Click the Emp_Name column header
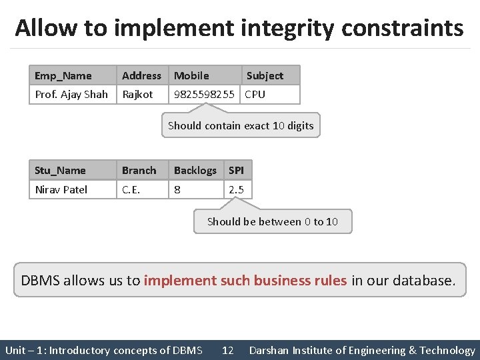(x=63, y=76)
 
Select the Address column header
(x=141, y=76)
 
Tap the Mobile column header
(x=191, y=76)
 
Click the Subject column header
(x=265, y=76)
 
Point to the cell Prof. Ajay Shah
(x=71, y=95)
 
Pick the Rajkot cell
(x=137, y=95)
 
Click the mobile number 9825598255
(x=204, y=95)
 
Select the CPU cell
(x=255, y=95)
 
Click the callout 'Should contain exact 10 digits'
(x=241, y=125)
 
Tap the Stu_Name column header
(x=60, y=171)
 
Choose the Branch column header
(x=139, y=171)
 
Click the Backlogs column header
(x=195, y=171)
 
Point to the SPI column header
(x=236, y=171)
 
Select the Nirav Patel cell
(x=61, y=190)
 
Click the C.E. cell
(x=131, y=190)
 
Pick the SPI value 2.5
(x=236, y=190)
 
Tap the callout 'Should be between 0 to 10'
(x=272, y=222)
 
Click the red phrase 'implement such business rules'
(x=245, y=281)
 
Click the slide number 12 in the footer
(x=227, y=351)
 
